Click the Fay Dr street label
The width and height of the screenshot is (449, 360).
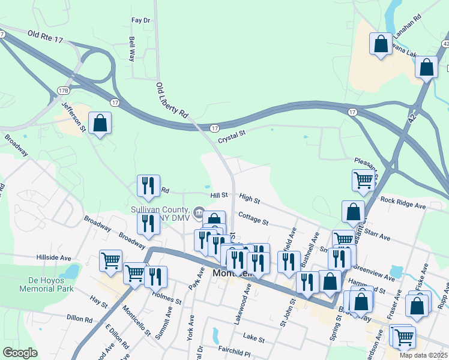click(x=140, y=20)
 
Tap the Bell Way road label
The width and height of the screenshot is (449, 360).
click(x=132, y=49)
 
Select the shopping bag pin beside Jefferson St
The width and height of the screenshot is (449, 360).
click(x=101, y=124)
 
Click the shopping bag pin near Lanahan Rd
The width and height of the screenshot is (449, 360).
click(x=381, y=44)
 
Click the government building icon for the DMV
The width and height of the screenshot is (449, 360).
click(x=198, y=211)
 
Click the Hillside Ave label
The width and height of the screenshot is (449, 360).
click(x=54, y=257)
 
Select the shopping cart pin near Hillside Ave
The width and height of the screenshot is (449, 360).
click(x=110, y=261)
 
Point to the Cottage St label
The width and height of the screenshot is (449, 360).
click(x=253, y=217)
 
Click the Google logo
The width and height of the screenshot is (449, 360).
click(x=20, y=352)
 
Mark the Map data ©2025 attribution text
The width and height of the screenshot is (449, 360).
click(x=423, y=355)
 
